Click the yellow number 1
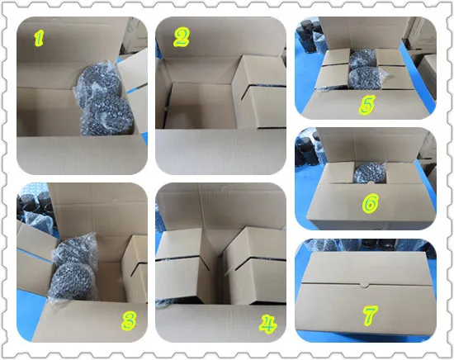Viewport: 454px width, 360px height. [39, 39]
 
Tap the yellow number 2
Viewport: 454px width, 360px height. [182, 37]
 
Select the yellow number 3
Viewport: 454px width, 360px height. [129, 320]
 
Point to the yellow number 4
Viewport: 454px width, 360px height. [267, 324]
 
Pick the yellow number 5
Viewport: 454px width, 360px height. [367, 104]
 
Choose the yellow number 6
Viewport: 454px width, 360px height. [371, 203]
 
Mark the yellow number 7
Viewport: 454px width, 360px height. [371, 315]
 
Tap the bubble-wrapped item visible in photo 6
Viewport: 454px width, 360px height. [370, 173]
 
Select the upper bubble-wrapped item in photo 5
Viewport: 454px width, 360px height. [362, 58]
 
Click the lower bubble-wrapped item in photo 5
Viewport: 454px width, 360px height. [366, 78]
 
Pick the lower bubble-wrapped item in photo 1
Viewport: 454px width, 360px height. [107, 116]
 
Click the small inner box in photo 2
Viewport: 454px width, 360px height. [259, 92]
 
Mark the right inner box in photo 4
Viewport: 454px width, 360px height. [255, 266]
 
